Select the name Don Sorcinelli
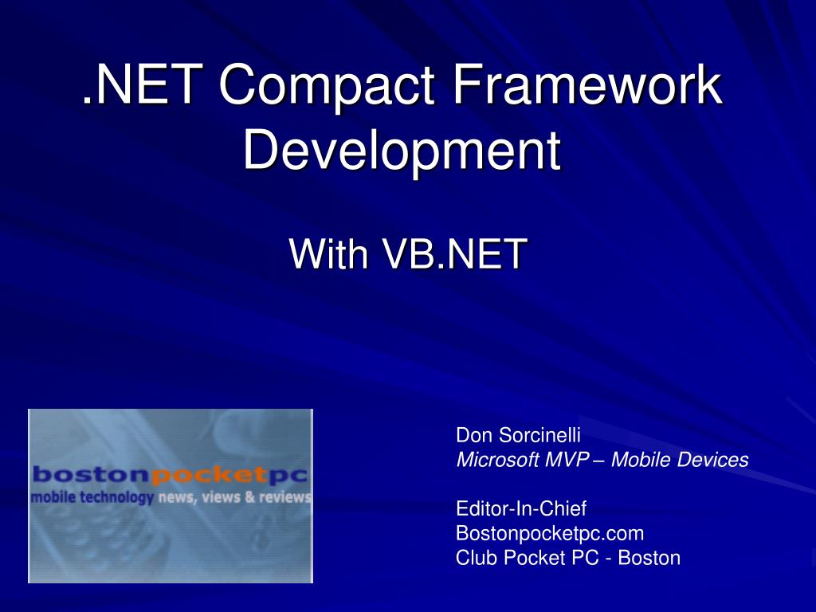(518, 435)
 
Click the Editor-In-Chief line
(520, 508)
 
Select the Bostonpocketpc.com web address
(549, 532)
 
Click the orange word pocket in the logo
(208, 476)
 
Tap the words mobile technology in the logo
(92, 498)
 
